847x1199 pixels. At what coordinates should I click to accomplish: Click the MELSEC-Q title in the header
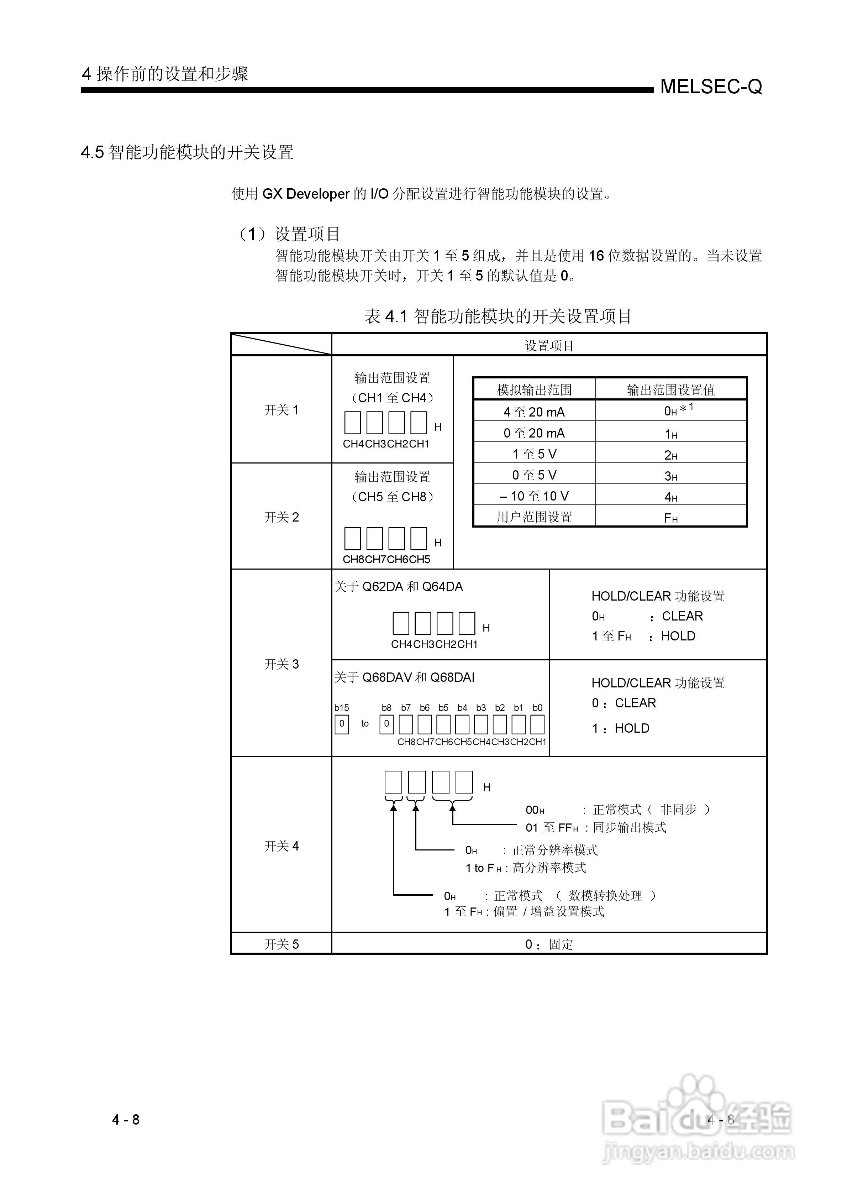[711, 87]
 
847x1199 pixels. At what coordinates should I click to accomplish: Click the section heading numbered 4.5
[187, 152]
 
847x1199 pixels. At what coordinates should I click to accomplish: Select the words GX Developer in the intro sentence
[305, 194]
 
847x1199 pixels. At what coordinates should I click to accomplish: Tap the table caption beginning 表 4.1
[498, 316]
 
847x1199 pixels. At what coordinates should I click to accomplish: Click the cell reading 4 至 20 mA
[534, 412]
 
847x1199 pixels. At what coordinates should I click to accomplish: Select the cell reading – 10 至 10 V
[534, 496]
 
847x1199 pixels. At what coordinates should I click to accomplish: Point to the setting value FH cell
[670, 518]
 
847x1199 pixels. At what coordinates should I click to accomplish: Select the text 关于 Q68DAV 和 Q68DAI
[404, 678]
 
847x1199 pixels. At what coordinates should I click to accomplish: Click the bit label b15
[342, 708]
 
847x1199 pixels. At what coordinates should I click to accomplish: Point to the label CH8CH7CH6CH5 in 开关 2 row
[386, 559]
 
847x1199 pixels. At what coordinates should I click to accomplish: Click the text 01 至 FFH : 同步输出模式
[595, 828]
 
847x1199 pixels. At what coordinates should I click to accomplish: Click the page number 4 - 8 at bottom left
[126, 1120]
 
